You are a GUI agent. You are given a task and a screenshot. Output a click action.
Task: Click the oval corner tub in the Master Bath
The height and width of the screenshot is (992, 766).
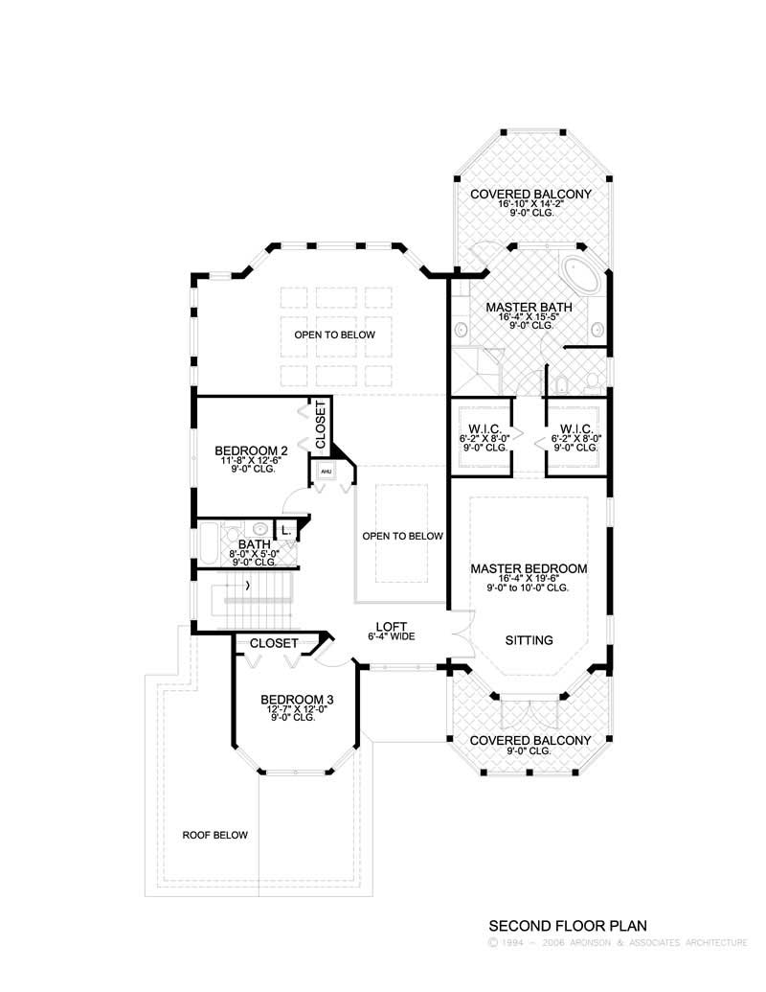(581, 275)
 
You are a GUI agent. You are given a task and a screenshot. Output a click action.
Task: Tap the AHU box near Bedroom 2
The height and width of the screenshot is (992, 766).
(326, 472)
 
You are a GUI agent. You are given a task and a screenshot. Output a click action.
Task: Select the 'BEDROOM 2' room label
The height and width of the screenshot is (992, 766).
(252, 450)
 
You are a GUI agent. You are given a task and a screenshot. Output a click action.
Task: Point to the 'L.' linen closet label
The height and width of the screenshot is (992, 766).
(285, 530)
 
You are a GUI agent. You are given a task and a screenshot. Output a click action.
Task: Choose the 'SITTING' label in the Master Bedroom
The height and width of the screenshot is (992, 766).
(529, 640)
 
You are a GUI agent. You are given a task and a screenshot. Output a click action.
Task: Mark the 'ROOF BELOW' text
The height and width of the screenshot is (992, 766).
(215, 835)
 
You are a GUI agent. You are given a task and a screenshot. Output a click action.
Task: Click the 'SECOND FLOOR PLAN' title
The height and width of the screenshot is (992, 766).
(569, 926)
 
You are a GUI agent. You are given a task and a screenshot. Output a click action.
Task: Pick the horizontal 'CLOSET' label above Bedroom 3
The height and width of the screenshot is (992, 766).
(274, 643)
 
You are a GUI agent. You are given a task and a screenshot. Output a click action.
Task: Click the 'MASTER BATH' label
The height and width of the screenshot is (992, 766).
(529, 308)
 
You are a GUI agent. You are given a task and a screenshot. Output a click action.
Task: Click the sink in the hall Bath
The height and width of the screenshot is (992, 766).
(259, 528)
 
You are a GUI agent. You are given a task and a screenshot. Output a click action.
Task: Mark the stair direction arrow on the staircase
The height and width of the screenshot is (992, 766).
(249, 585)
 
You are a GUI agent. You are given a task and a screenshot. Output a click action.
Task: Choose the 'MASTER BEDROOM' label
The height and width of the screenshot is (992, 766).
(529, 568)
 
